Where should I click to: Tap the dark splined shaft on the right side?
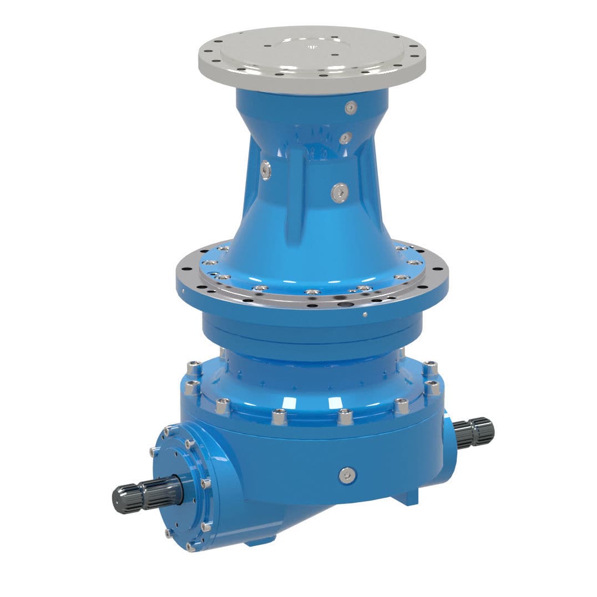[474, 432]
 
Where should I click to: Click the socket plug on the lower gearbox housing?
[347, 474]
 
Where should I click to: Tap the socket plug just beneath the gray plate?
[350, 108]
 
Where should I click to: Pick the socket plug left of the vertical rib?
[266, 170]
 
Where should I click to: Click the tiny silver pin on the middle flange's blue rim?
[365, 315]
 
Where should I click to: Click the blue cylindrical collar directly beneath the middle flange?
[311, 333]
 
